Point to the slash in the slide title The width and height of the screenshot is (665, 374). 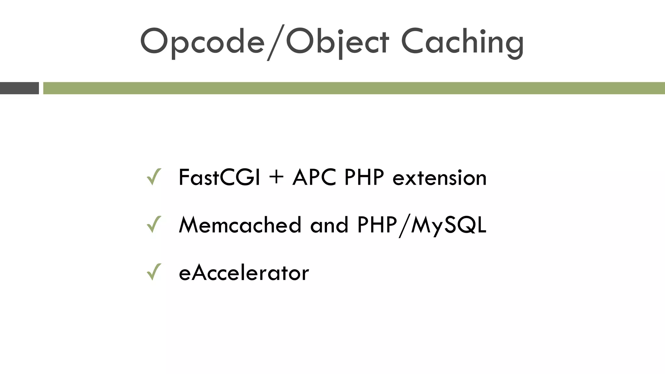[275, 42]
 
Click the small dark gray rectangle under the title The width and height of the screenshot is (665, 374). [19, 88]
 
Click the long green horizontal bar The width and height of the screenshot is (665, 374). [354, 88]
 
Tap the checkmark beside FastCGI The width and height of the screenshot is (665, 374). [154, 177]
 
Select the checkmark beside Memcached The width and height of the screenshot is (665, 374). [154, 225]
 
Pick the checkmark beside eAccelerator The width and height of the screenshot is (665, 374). [154, 272]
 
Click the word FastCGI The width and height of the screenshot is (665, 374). [219, 178]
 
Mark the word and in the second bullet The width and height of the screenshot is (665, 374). [329, 225]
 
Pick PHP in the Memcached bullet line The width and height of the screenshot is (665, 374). [377, 225]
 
